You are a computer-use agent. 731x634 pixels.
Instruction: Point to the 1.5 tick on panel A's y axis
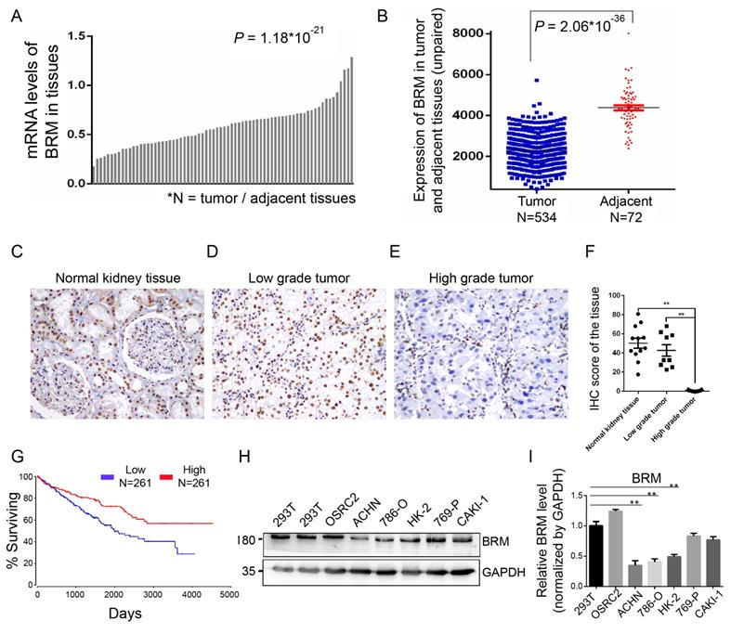(79, 35)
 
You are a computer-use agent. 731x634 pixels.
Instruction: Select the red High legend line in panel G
(192, 477)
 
